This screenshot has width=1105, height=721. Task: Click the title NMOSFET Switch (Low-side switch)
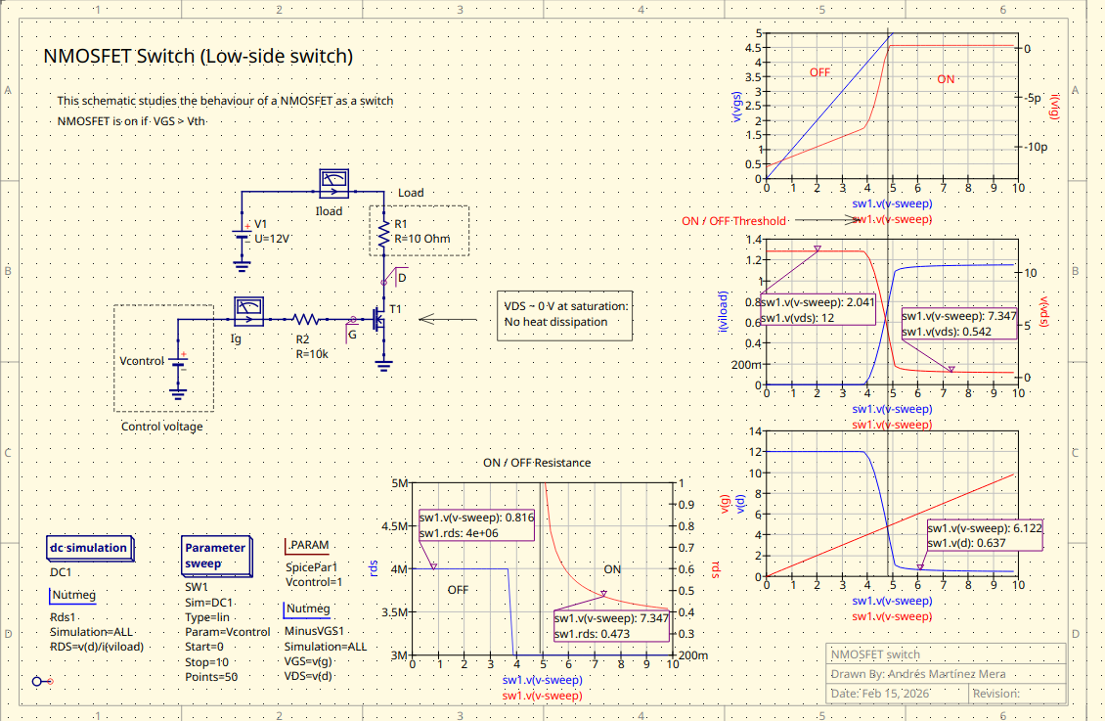pos(199,57)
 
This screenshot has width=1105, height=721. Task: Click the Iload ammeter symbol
pos(334,181)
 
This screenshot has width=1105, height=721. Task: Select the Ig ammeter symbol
pos(248,311)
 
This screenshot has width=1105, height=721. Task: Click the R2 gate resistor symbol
pos(306,319)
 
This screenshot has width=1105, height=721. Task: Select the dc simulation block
pos(88,548)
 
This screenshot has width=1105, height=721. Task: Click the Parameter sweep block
pos(215,555)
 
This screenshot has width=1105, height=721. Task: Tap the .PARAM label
pos(307,546)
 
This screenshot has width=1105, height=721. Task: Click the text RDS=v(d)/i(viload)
pos(97,646)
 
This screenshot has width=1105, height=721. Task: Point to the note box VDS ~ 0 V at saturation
pos(566,314)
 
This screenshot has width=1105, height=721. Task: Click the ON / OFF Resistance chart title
pos(536,463)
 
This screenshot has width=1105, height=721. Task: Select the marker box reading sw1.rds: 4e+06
pos(476,525)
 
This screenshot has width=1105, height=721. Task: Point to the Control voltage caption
pos(162,427)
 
